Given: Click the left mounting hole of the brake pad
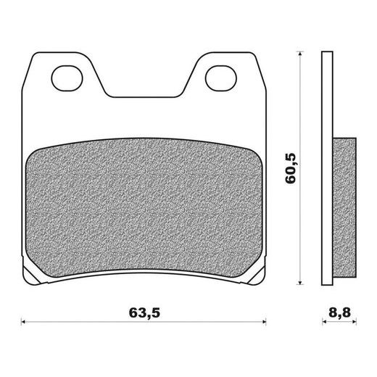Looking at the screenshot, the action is click(x=67, y=78).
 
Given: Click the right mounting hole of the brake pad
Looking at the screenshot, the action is click(x=221, y=78).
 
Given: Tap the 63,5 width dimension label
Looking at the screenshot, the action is click(x=144, y=313).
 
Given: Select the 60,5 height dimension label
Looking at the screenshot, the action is click(x=291, y=168).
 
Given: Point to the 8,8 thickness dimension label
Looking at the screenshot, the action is click(x=339, y=313).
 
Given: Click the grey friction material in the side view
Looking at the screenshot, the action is click(x=344, y=207).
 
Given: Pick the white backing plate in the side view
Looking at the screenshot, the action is click(x=327, y=168).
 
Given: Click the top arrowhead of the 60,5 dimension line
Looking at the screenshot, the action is click(x=300, y=54).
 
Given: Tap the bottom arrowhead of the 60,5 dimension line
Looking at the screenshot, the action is click(x=300, y=283).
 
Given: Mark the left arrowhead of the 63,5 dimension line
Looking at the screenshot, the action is click(x=24, y=322).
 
